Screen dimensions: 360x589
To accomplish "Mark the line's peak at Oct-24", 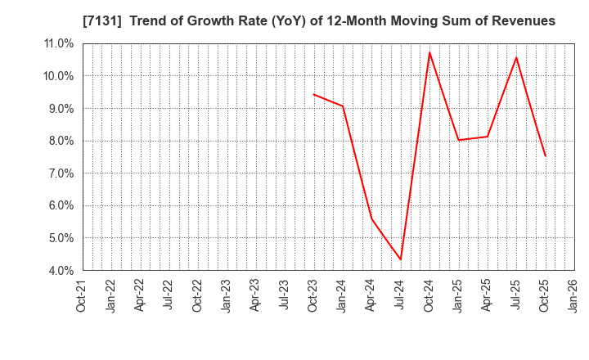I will point(429,52).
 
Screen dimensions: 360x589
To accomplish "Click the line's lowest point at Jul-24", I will point(401,260).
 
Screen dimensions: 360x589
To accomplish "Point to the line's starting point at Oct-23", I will point(314,94).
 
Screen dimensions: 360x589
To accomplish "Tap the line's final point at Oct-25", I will point(545,156).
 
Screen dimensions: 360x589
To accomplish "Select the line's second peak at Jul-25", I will point(516,57).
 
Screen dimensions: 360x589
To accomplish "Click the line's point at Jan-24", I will point(343,106).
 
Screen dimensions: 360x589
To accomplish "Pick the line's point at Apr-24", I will point(371,218).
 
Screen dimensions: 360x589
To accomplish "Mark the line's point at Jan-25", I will point(458,140).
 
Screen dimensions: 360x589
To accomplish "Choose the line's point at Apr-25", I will point(487,137).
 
